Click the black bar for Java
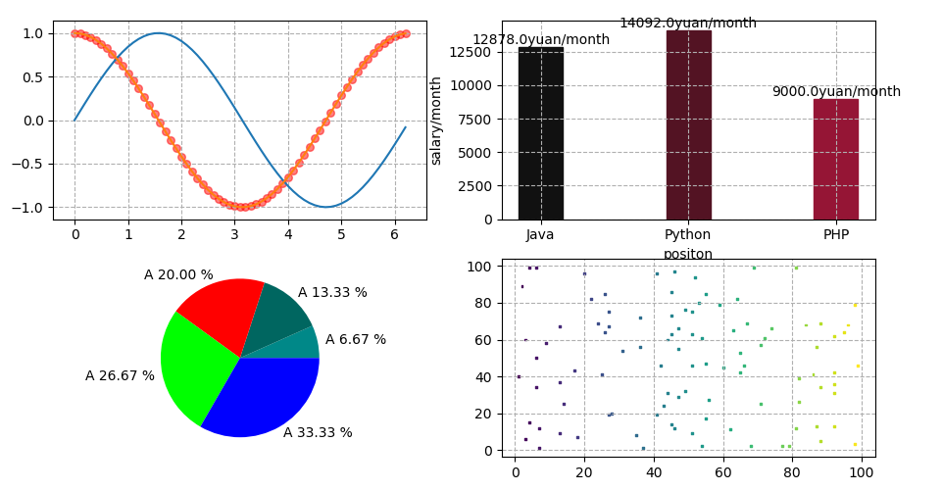click(x=540, y=133)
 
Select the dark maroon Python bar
click(x=688, y=125)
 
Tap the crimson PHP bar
click(x=835, y=159)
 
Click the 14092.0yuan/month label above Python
click(x=688, y=23)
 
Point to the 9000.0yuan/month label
click(x=835, y=91)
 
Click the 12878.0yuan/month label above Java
click(x=540, y=39)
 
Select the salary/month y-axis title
click(x=436, y=121)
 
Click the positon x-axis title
click(x=688, y=254)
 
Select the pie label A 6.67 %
click(x=355, y=339)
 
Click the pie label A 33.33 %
click(x=318, y=432)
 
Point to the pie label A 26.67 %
click(x=120, y=375)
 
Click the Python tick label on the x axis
click(x=688, y=235)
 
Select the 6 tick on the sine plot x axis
click(x=394, y=235)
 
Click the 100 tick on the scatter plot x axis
click(x=862, y=470)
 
